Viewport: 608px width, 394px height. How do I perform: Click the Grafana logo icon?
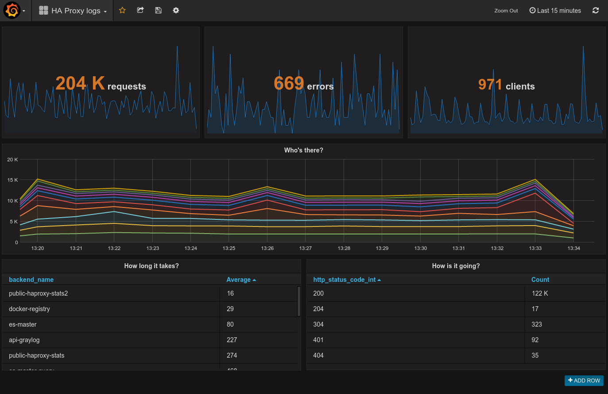tap(12, 11)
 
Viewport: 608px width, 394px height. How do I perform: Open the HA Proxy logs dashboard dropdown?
tap(73, 11)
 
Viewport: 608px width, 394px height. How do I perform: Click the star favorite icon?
tap(123, 10)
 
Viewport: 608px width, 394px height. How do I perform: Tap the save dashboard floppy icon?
tap(158, 10)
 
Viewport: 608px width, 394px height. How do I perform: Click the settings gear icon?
tap(176, 10)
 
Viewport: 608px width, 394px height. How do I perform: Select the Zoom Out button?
tap(506, 11)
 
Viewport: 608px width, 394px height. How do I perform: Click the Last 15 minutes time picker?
tap(555, 11)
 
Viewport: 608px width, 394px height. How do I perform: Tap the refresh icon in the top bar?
tap(596, 11)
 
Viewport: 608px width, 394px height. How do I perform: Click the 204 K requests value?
tap(80, 83)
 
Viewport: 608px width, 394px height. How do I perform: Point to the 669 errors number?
tap(289, 83)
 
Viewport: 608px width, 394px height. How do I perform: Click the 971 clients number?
tap(490, 84)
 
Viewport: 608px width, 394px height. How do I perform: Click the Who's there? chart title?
tap(303, 150)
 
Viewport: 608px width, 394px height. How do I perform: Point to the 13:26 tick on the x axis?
tap(267, 248)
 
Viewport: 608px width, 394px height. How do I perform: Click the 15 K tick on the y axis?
tap(12, 180)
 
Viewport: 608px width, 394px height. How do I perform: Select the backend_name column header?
tap(31, 280)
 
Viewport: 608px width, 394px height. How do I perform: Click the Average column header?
tap(239, 280)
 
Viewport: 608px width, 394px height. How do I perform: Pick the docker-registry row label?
tap(29, 309)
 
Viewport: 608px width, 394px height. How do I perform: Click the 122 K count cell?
tap(539, 293)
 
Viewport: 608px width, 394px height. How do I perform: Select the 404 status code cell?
tap(318, 355)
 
